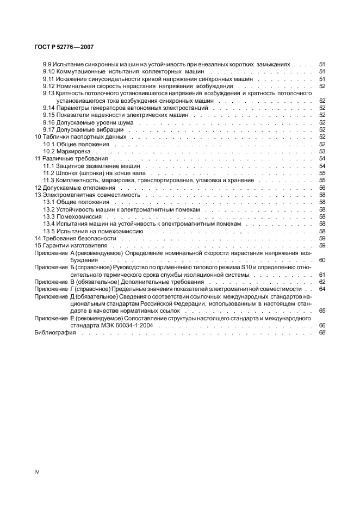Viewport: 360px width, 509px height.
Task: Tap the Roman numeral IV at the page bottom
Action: point(36,472)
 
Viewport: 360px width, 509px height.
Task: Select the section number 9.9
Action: point(47,64)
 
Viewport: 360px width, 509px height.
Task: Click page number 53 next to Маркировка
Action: point(322,152)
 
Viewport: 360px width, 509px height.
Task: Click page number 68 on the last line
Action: point(322,332)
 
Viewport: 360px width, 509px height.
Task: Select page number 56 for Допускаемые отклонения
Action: point(322,187)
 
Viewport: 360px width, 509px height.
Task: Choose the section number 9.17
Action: point(48,129)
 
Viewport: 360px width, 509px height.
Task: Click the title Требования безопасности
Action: point(79,238)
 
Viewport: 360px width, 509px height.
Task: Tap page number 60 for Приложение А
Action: point(322,260)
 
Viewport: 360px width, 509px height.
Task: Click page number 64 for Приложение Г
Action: point(322,289)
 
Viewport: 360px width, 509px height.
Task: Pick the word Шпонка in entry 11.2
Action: point(69,173)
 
